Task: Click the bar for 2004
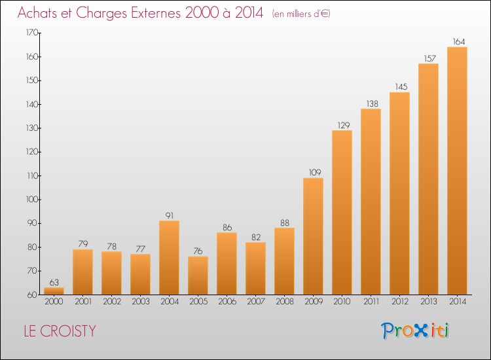pyautogui.click(x=169, y=258)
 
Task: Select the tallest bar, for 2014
pyautogui.click(x=457, y=171)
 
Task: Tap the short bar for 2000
pyautogui.click(x=54, y=291)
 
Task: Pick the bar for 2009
pyautogui.click(x=313, y=236)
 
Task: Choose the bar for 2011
pyautogui.click(x=371, y=202)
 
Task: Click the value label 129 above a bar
pyautogui.click(x=344, y=125)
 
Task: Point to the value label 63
pyautogui.click(x=54, y=282)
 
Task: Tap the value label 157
pyautogui.click(x=430, y=58)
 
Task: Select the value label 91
pyautogui.click(x=170, y=216)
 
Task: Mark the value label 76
pyautogui.click(x=198, y=251)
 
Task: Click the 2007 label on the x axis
pyautogui.click(x=256, y=302)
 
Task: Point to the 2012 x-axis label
pyautogui.click(x=400, y=302)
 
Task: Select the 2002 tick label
pyautogui.click(x=112, y=302)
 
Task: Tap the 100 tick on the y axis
pyautogui.click(x=32, y=200)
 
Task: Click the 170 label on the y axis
pyautogui.click(x=32, y=33)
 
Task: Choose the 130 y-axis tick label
pyautogui.click(x=32, y=128)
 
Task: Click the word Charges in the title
pyautogui.click(x=101, y=14)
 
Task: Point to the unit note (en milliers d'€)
pyautogui.click(x=301, y=14)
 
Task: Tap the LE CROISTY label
pyautogui.click(x=60, y=331)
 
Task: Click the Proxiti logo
pyautogui.click(x=415, y=331)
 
